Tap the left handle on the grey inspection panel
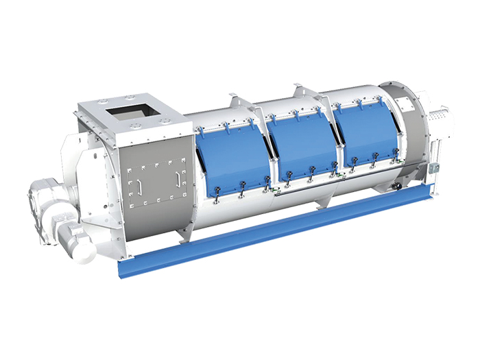point(139,187)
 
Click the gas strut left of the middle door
point(273,151)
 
